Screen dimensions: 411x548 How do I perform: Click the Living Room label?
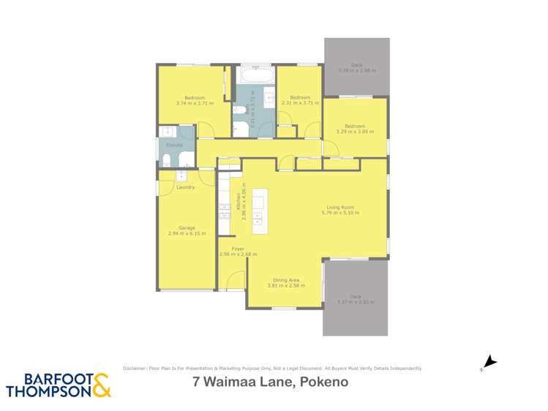click(342, 207)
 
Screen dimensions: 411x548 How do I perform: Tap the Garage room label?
click(187, 227)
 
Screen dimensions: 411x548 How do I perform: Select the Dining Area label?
click(286, 279)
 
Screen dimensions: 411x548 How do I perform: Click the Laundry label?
click(186, 188)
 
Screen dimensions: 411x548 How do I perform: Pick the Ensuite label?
click(173, 145)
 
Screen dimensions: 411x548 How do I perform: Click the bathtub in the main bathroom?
click(255, 75)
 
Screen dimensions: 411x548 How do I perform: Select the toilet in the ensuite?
click(167, 160)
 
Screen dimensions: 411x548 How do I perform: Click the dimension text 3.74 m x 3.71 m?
click(195, 103)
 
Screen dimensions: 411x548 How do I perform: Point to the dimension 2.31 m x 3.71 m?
click(301, 103)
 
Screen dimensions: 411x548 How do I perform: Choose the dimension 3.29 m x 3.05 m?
click(355, 132)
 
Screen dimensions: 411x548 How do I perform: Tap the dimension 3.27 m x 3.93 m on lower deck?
click(356, 302)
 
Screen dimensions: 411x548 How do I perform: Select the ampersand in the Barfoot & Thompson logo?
click(102, 385)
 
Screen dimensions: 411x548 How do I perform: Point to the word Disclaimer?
click(135, 369)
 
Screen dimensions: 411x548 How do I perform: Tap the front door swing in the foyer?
click(236, 280)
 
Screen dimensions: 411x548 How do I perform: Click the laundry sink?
click(181, 176)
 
